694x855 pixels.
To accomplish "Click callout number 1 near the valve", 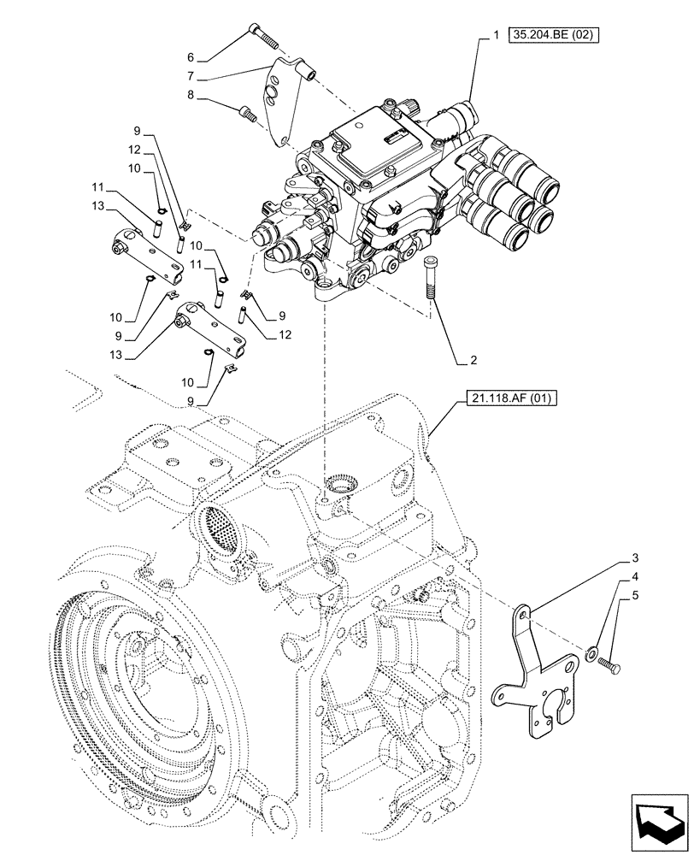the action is click(495, 36).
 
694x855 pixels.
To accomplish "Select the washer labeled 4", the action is click(591, 656).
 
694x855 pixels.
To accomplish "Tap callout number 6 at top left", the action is click(191, 58).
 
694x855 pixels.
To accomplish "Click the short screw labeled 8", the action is click(247, 110).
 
